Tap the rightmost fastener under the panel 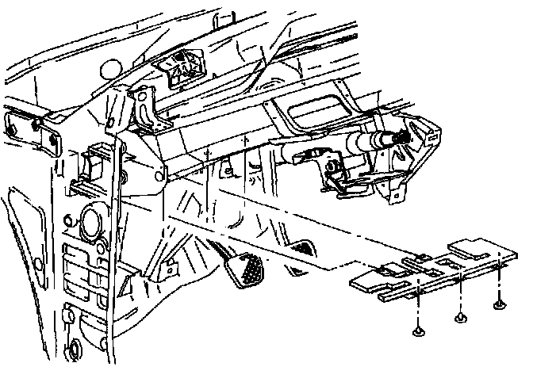498,304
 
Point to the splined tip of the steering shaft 400,140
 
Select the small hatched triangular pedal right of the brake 301,248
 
